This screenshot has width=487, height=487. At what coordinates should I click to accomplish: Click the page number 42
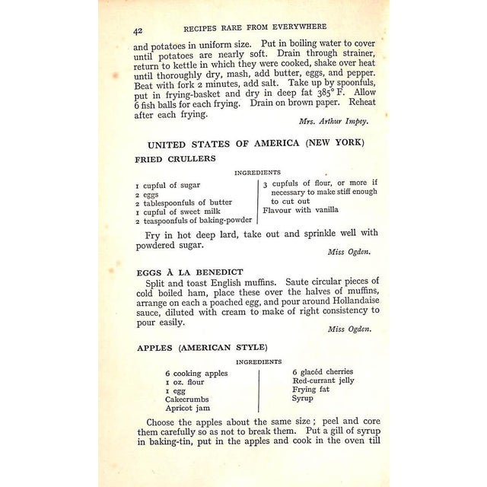138,30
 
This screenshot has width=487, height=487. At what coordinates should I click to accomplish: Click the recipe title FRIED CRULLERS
176,159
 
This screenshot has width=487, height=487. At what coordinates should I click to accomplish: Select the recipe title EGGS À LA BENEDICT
189,272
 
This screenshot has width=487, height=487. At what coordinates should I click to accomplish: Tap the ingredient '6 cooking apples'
195,374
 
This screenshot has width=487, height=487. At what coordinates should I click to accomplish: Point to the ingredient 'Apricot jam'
189,408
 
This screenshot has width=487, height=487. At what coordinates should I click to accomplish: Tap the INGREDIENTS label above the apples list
259,361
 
